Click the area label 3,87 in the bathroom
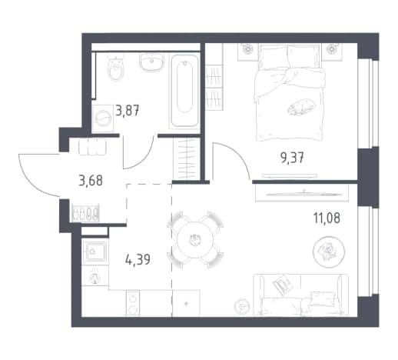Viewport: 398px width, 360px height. pos(128,111)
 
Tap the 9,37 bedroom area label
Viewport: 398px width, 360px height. pos(292,158)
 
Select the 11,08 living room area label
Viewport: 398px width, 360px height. pos(327,218)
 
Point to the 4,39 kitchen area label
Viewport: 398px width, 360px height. pos(138,259)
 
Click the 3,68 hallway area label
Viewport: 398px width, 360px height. pos(91,181)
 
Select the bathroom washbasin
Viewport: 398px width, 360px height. pos(151,62)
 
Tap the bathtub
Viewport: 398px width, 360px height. pos(184,92)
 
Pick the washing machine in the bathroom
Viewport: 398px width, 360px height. pos(103,118)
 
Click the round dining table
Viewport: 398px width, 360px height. pos(195,241)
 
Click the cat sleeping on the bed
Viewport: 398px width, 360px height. pos(301,107)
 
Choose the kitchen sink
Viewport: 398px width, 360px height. pos(95,252)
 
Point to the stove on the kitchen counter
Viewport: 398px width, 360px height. pos(133,303)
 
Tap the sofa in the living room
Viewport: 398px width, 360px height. pos(300,295)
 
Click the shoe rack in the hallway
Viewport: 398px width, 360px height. pos(85,213)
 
